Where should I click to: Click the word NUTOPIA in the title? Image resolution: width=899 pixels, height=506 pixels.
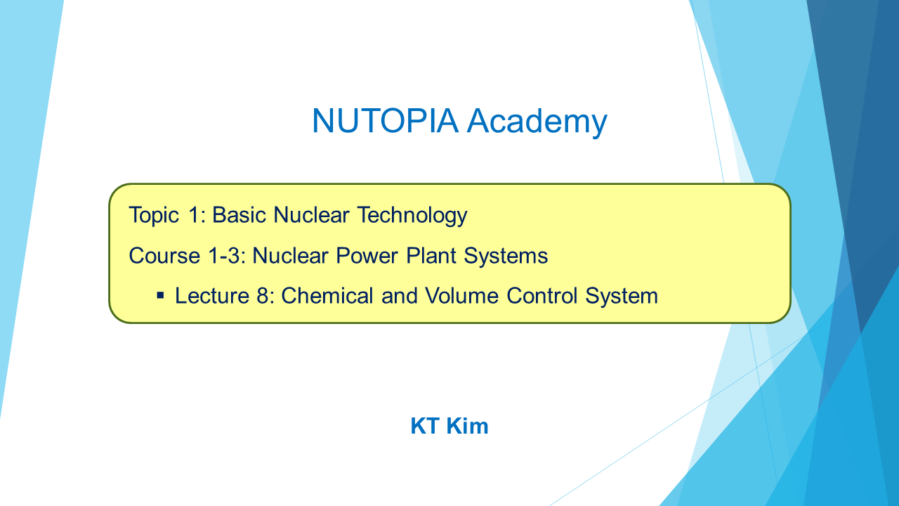385,120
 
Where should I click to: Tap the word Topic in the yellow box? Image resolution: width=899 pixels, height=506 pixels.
154,216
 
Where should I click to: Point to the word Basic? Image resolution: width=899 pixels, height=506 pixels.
238,215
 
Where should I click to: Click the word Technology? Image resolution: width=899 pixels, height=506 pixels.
412,216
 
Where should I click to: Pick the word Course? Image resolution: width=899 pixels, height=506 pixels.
164,256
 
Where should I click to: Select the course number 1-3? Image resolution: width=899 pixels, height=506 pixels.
227,256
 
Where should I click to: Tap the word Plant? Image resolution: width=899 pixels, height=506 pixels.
431,256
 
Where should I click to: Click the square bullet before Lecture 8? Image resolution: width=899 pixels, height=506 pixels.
161,296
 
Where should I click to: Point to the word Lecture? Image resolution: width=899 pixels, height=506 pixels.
211,296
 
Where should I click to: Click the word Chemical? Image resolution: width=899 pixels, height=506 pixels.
327,296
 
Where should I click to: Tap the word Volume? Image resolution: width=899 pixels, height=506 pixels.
461,296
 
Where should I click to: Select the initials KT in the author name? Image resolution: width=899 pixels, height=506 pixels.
425,426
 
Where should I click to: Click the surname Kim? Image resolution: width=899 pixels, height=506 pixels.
467,426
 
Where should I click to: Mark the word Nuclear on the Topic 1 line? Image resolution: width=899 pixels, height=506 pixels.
311,215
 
